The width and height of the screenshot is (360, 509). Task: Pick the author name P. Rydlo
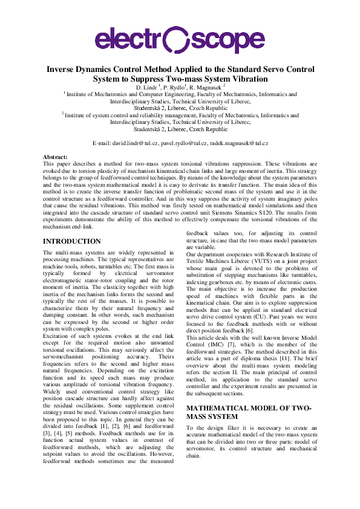[x=172, y=88]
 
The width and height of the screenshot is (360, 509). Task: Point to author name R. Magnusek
[x=206, y=88]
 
